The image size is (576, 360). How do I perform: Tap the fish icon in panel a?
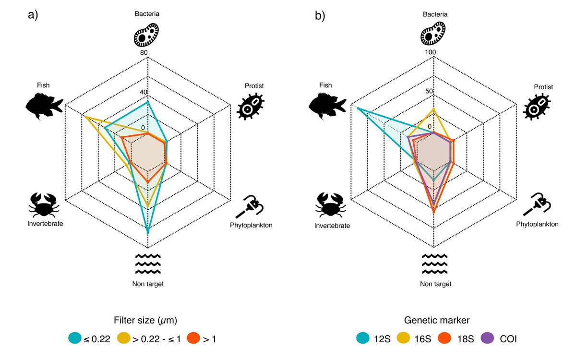click(x=44, y=106)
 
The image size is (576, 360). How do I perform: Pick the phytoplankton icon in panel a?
click(x=252, y=207)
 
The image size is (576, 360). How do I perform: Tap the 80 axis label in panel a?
click(x=144, y=52)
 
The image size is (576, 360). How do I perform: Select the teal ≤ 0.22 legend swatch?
click(x=75, y=338)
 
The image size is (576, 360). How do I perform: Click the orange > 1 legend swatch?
click(x=194, y=338)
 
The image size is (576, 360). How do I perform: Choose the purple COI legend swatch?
click(x=488, y=338)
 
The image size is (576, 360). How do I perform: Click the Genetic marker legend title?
click(x=436, y=320)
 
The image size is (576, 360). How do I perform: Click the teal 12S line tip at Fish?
click(x=358, y=109)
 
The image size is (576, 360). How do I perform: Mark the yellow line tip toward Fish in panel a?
click(x=84, y=117)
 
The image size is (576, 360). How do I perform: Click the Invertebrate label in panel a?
click(x=46, y=223)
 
